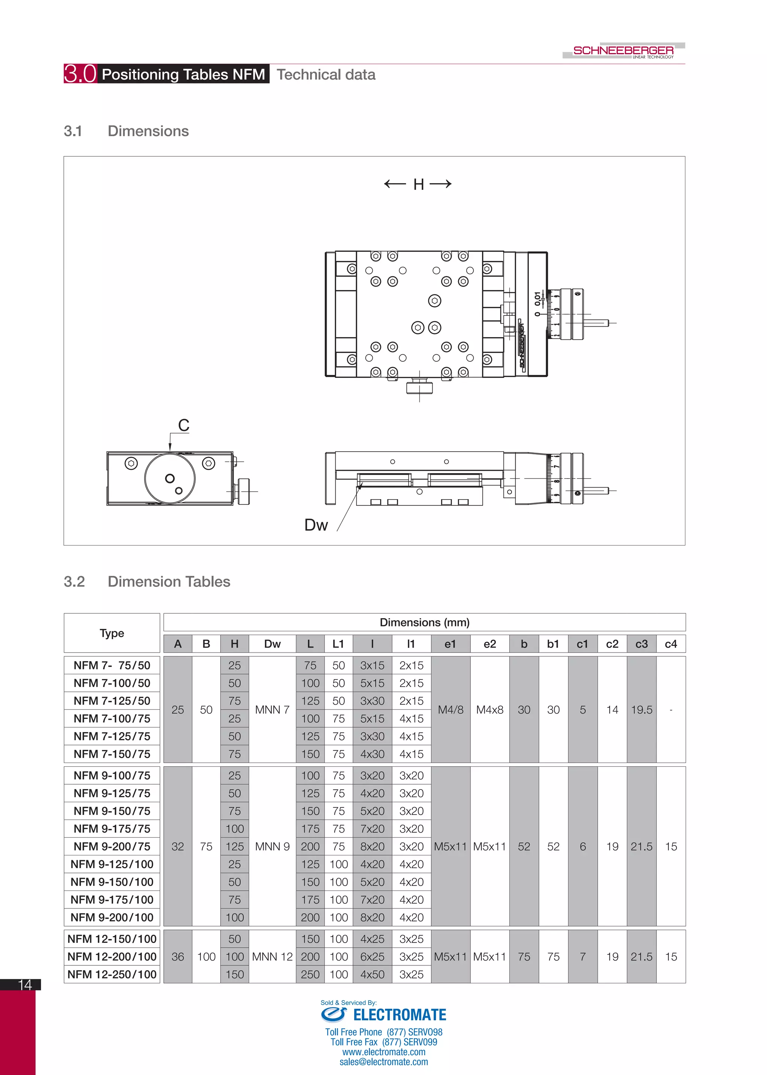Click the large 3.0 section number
tap(80, 74)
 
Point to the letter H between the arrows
tap(418, 184)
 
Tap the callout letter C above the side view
tap(184, 425)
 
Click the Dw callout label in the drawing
tap(316, 525)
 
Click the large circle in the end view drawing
tap(170, 478)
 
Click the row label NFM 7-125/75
tap(112, 736)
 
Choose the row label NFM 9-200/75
tap(112, 847)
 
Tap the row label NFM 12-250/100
tap(112, 974)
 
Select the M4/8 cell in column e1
tap(451, 710)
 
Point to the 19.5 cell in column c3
tap(642, 710)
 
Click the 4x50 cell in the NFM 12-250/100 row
tap(372, 974)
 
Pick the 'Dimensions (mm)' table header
tap(425, 623)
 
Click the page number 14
tap(25, 985)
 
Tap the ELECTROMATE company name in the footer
tap(400, 1015)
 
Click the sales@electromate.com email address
tap(383, 1062)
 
